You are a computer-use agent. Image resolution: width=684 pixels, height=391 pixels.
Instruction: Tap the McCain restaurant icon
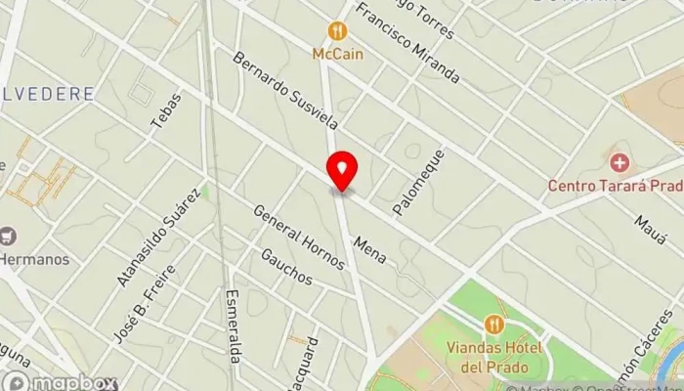(x=338, y=31)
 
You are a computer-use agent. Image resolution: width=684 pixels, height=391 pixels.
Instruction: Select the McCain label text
(x=338, y=54)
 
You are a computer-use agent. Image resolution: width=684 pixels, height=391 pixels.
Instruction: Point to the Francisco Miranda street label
(x=407, y=44)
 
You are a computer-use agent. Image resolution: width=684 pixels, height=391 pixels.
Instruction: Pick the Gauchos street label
(x=286, y=266)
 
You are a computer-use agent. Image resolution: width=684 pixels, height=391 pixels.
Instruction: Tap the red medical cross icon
(x=618, y=161)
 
